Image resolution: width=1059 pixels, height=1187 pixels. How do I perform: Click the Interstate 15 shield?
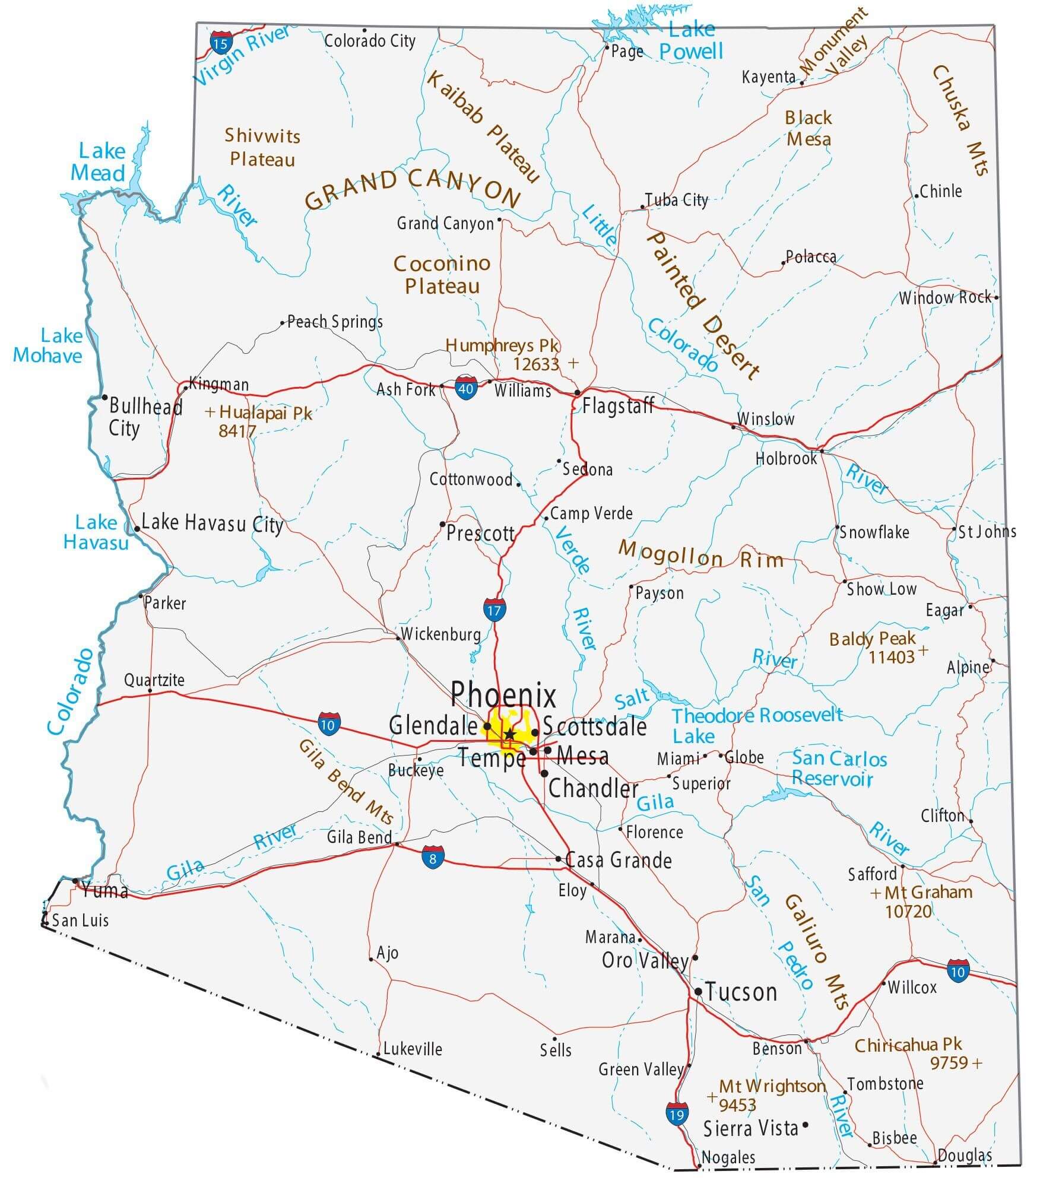220,43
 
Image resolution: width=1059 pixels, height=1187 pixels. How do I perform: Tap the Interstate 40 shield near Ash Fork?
466,388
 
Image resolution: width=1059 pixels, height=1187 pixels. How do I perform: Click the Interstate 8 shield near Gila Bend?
433,857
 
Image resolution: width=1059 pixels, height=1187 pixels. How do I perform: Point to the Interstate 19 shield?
676,1113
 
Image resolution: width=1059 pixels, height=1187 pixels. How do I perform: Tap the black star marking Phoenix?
509,735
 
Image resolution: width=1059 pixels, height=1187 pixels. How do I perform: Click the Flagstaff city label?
617,406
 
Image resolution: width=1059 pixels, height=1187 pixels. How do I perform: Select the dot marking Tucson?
698,991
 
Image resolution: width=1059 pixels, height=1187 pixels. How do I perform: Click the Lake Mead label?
99,162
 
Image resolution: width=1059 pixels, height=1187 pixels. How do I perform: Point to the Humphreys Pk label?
502,345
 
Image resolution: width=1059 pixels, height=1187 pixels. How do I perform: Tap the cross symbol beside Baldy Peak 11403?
922,650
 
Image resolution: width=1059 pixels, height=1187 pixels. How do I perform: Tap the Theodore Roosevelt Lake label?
757,725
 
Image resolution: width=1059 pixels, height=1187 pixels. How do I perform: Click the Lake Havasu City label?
212,523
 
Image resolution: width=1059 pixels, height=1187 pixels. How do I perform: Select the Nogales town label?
728,1157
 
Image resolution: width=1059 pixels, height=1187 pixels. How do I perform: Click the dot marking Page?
607,46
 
